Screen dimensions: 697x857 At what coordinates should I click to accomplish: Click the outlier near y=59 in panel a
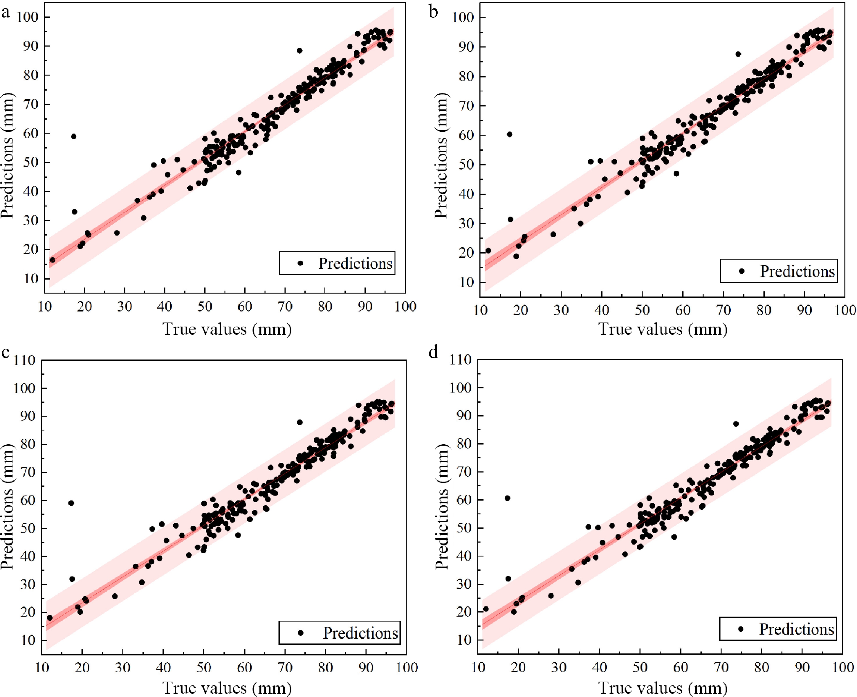pyautogui.click(x=73, y=136)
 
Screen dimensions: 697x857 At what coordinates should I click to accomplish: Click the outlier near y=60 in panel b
pyautogui.click(x=509, y=134)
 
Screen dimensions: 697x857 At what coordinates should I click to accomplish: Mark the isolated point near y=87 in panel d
pyautogui.click(x=736, y=424)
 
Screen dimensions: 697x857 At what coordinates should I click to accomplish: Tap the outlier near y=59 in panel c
pyautogui.click(x=71, y=503)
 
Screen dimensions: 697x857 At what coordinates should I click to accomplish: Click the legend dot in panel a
pyautogui.click(x=300, y=263)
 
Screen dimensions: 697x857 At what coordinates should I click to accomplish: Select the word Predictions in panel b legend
pyautogui.click(x=797, y=271)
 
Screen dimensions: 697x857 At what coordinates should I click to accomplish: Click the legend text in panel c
pyautogui.click(x=360, y=633)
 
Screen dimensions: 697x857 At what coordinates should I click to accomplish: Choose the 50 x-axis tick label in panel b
pyautogui.click(x=642, y=310)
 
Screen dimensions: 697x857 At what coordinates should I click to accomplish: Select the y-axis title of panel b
pyautogui.click(x=441, y=155)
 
